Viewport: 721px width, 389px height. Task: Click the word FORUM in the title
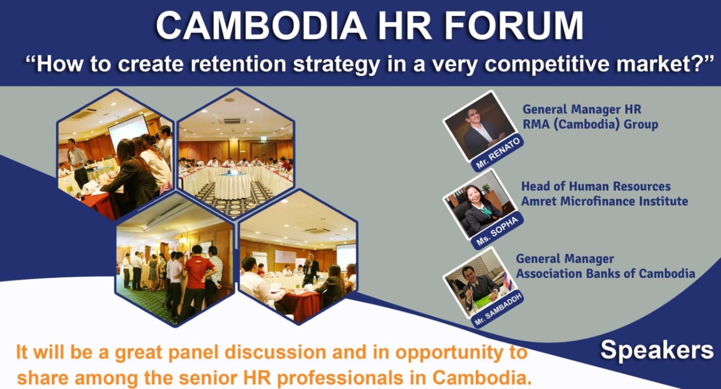pos(513,26)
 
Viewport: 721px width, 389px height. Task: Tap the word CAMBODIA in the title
pos(261,26)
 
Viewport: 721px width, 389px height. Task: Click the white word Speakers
pos(657,350)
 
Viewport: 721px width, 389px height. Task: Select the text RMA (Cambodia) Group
pos(590,124)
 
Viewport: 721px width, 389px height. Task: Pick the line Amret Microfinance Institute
pos(604,201)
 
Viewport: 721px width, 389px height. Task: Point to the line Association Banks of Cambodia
pos(605,274)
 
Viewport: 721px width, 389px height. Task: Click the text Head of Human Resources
pos(596,186)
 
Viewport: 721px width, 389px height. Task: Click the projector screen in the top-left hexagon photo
pos(128,130)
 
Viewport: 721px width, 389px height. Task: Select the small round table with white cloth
pos(233,186)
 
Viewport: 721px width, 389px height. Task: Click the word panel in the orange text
pos(195,352)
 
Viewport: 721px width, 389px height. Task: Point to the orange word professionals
pos(341,378)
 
